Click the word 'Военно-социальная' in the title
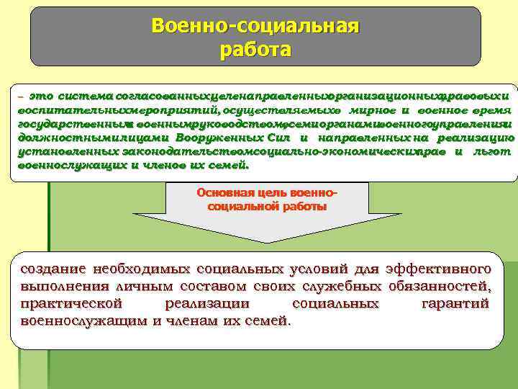[x=255, y=27]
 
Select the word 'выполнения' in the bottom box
[x=60, y=287]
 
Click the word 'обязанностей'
[x=443, y=287]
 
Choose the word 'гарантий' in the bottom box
[x=454, y=304]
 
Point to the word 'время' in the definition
[x=490, y=109]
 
